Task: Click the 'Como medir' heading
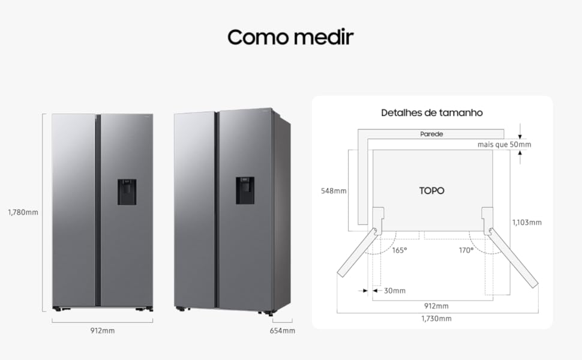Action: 290,37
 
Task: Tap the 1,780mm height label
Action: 23,212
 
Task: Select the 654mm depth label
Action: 283,331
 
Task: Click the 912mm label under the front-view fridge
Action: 103,331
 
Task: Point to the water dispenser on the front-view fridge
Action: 127,192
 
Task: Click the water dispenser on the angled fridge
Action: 245,190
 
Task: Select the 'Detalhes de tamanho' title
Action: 431,113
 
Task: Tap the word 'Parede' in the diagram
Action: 431,134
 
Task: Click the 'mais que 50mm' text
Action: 504,145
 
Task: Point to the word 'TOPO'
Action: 431,191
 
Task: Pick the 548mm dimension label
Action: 334,191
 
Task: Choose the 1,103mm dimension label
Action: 527,223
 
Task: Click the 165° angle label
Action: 400,251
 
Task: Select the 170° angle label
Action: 466,251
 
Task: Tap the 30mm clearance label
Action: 395,290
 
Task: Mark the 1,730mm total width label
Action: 437,319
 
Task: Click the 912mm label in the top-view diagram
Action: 437,306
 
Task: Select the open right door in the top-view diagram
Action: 513,257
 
